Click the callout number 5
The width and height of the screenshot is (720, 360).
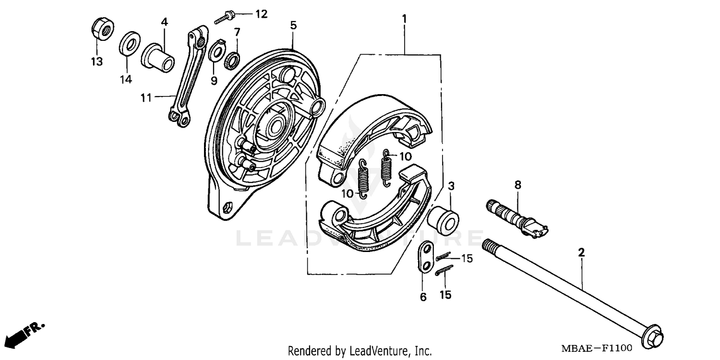[x=293, y=24]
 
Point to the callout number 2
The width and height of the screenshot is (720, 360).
[x=581, y=252]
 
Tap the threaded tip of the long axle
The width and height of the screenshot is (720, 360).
[x=490, y=246]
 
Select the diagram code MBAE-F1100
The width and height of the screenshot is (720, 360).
[x=597, y=348]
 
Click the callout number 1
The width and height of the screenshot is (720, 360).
[x=404, y=19]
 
